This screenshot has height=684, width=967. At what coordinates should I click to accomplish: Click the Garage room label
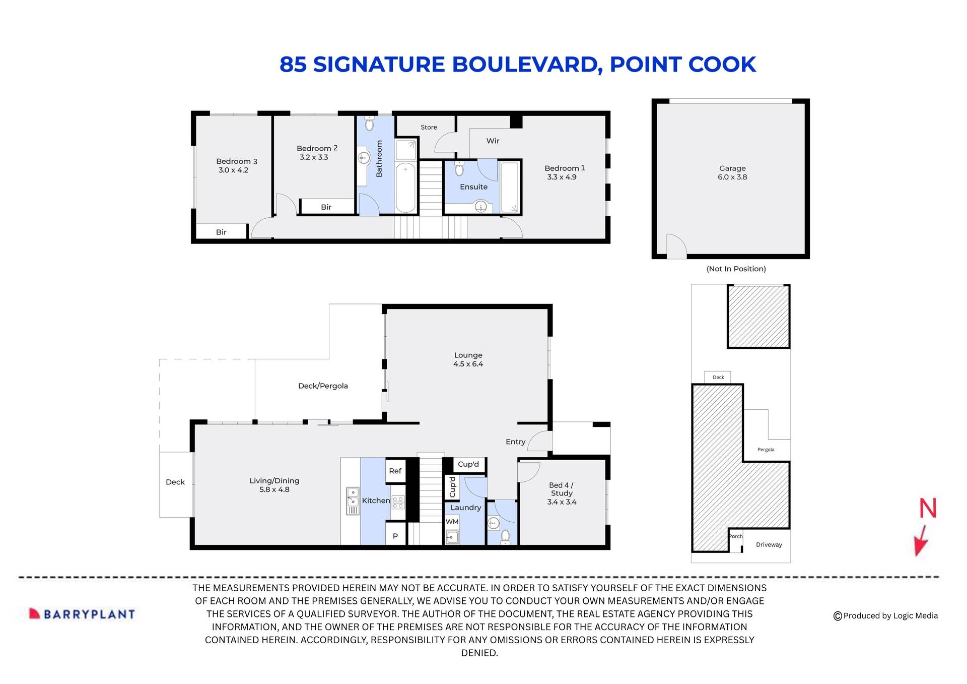coord(732,168)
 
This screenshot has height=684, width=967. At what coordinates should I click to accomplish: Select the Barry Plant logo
coord(82,614)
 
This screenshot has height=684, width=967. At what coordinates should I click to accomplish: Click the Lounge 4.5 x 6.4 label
coord(468,359)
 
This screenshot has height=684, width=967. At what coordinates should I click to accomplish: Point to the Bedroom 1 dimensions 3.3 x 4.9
coord(562,177)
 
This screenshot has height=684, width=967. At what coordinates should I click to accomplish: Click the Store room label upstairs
coord(429,128)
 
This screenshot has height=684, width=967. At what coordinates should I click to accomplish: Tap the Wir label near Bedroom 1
coord(493,141)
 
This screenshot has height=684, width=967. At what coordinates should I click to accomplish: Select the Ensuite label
coord(473,187)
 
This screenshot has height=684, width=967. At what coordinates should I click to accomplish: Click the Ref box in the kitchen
coord(395,471)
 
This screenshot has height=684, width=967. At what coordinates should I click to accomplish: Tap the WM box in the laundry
coord(452,522)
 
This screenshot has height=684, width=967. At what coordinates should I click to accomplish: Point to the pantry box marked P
coord(395,536)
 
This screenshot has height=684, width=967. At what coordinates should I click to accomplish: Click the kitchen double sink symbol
coord(353,501)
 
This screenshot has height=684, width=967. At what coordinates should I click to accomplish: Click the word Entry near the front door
coord(515,442)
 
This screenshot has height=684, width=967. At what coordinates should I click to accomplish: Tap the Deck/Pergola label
coord(323,386)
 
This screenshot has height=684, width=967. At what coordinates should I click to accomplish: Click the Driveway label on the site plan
coord(769,545)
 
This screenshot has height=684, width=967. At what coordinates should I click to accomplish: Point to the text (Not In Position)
coord(736,269)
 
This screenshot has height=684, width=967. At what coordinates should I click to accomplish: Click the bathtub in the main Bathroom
coord(405,188)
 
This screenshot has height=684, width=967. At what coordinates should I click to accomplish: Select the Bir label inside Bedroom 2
coord(326,207)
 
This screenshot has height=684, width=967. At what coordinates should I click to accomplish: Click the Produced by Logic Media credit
coord(885,615)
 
